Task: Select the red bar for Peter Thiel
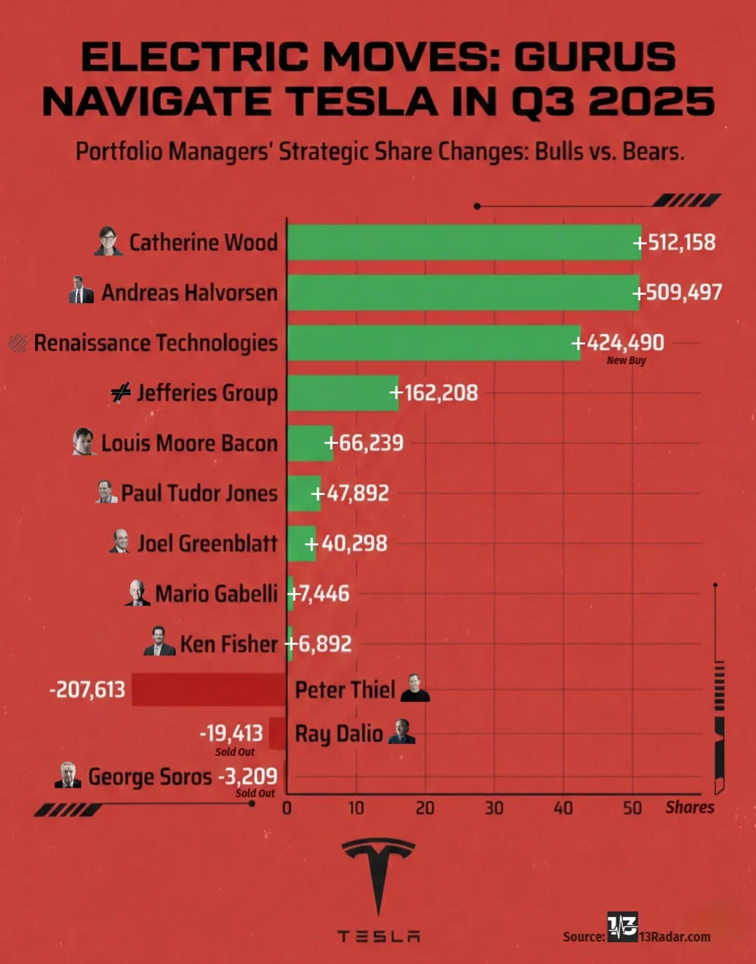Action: [209, 690]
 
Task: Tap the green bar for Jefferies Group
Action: [342, 393]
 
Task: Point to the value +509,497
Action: [678, 292]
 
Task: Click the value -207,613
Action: [87, 690]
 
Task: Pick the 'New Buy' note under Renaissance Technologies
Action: [626, 361]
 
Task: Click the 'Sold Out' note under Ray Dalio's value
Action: [234, 752]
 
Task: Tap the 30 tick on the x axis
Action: [494, 808]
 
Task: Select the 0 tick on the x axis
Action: [287, 808]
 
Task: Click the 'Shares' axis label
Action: [689, 807]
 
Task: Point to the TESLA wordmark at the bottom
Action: [378, 936]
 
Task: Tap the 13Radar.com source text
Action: [674, 937]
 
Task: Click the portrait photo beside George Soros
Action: [68, 775]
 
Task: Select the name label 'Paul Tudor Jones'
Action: [199, 493]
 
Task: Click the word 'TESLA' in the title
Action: [364, 102]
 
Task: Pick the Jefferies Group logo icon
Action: [121, 393]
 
